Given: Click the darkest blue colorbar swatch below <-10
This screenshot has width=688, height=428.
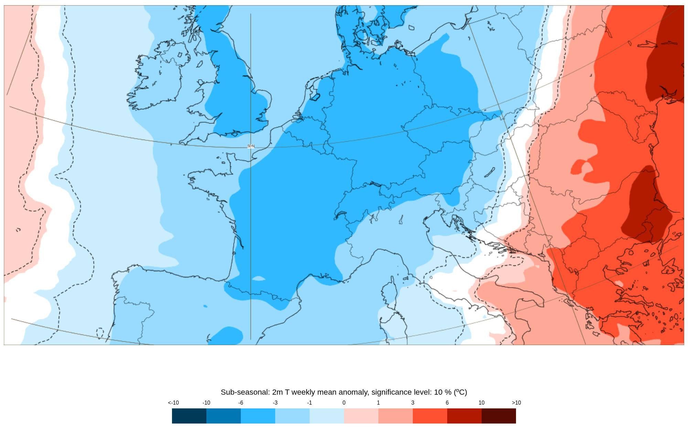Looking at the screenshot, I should [189, 416].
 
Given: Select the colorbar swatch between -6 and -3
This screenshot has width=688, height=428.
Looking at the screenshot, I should [258, 416].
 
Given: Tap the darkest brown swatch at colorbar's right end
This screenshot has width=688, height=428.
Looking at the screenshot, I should [499, 416].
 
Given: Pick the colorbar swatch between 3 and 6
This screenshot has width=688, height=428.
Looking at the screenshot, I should [430, 416].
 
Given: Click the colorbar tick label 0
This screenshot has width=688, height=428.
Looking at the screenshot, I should [344, 403].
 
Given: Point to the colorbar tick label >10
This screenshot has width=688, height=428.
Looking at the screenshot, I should [516, 403].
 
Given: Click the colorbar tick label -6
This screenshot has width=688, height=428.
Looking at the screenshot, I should [241, 403].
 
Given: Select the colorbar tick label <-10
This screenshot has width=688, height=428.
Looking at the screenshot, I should [173, 403].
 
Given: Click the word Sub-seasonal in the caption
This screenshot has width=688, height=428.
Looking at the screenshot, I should [245, 392].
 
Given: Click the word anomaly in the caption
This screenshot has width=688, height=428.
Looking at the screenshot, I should [351, 392].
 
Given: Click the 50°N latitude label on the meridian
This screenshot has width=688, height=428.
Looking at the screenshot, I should [251, 146].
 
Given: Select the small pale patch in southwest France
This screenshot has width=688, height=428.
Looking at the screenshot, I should [259, 278].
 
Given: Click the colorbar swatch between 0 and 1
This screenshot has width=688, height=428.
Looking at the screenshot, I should [361, 416].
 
